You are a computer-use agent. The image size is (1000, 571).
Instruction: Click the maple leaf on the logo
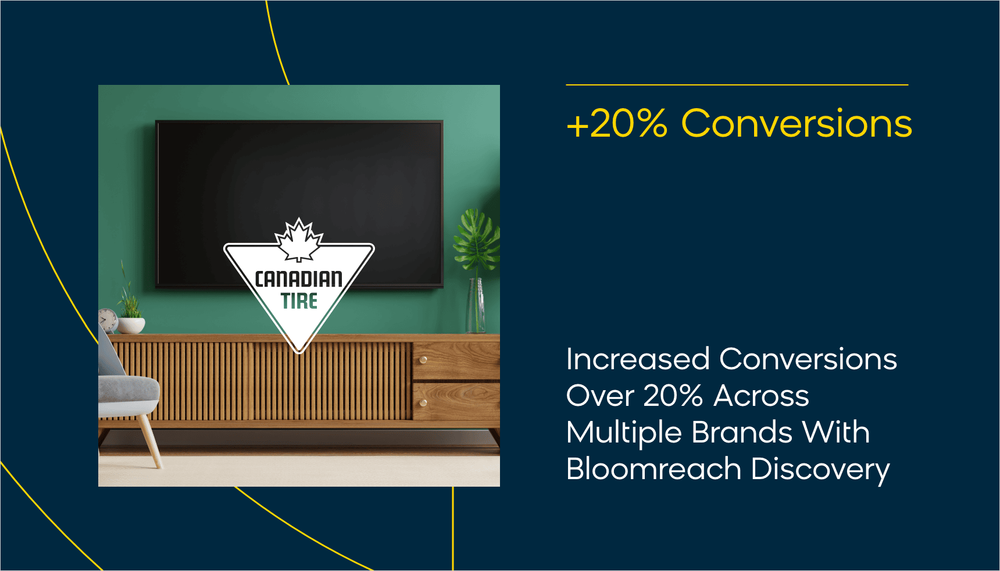click(x=299, y=240)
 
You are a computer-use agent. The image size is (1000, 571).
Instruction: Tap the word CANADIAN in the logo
click(x=299, y=279)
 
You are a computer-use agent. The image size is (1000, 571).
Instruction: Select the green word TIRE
click(x=299, y=301)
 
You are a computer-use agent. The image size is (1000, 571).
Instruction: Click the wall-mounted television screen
click(x=299, y=204)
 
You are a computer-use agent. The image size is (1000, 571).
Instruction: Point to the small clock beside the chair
click(x=108, y=320)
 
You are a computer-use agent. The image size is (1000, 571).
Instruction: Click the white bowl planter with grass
click(x=131, y=324)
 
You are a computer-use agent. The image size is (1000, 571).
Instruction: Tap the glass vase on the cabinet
click(x=476, y=306)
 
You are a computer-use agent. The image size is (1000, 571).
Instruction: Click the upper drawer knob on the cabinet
click(x=423, y=360)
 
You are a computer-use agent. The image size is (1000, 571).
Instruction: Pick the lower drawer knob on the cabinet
click(x=423, y=403)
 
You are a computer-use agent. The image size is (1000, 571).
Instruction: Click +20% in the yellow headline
click(x=617, y=123)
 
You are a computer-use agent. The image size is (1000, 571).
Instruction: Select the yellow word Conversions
click(x=797, y=123)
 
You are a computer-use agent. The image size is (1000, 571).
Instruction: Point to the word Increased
click(x=638, y=359)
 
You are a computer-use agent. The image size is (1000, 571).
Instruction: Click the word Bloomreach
click(x=654, y=469)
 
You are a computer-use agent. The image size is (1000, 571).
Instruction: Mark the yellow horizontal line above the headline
click(x=737, y=85)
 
